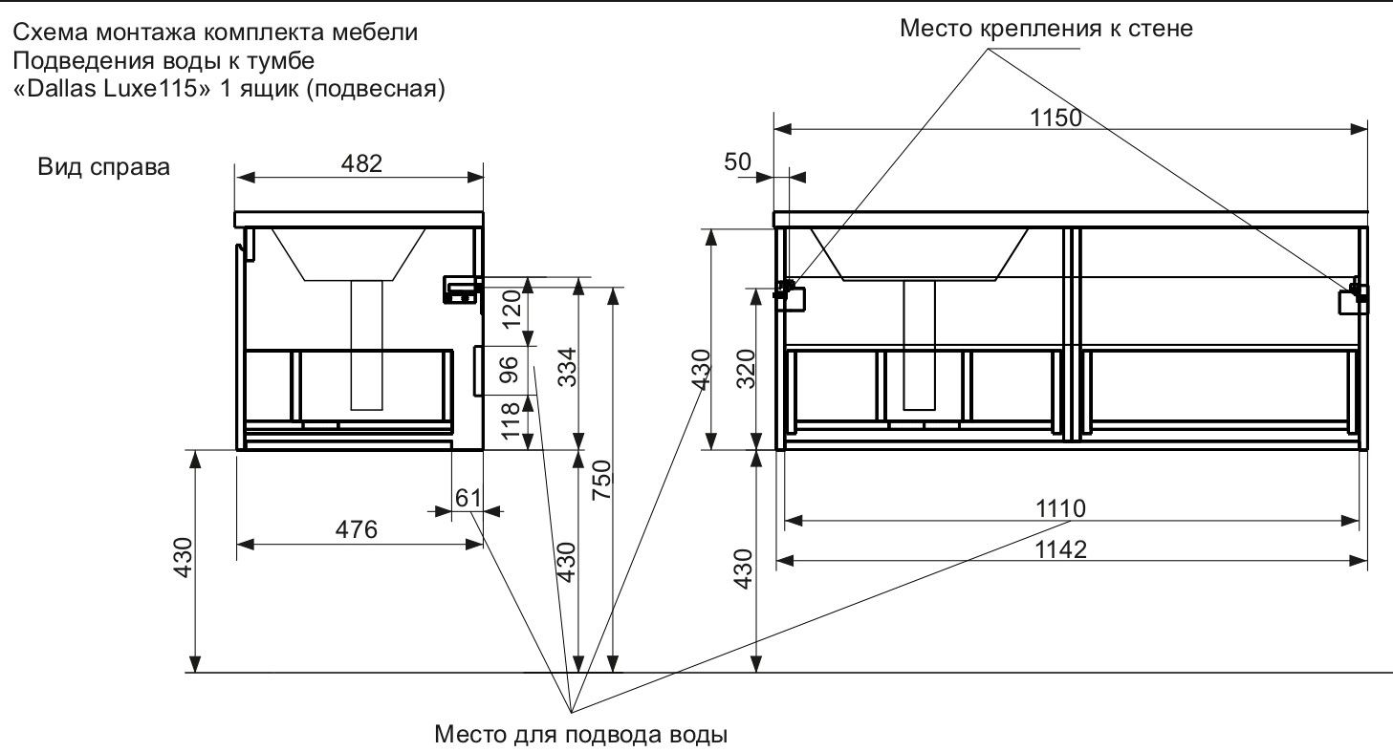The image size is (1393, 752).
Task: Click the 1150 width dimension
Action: point(1056,118)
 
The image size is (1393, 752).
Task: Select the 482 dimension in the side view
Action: point(361,163)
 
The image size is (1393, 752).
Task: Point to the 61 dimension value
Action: point(466,497)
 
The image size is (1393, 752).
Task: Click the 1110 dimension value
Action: point(1062,508)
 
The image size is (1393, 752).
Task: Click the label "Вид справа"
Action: point(104,168)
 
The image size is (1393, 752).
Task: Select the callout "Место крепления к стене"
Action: point(1046,29)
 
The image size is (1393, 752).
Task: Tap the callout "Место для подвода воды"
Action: point(581,736)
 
